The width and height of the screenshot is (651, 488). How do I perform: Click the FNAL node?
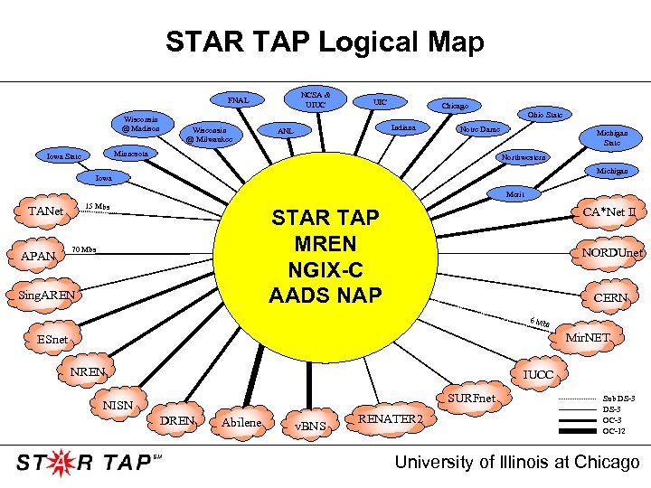point(238,99)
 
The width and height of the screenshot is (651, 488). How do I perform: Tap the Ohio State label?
point(545,115)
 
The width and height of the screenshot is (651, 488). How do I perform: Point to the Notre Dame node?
point(479,129)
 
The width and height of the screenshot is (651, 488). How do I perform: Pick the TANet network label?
point(46,211)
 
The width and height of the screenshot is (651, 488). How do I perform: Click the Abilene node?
point(241,423)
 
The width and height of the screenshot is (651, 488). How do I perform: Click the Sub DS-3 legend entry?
point(618,399)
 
